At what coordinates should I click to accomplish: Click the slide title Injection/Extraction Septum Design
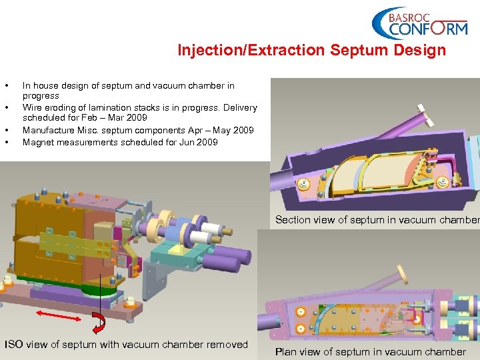311,51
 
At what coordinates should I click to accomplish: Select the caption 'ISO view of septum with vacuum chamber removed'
126,345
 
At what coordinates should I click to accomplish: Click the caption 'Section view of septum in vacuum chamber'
377,219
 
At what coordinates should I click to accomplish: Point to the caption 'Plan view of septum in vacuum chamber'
370,351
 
